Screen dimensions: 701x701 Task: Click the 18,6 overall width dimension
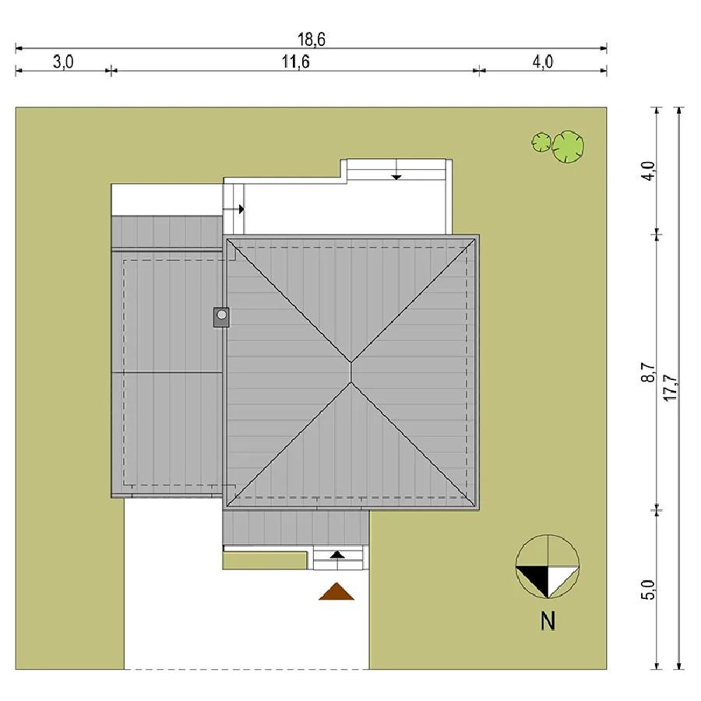(x=312, y=40)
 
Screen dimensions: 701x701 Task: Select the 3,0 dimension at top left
(x=63, y=62)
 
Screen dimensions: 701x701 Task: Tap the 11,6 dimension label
(x=295, y=62)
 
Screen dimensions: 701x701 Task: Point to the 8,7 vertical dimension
(x=648, y=372)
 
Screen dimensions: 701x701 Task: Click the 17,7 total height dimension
(x=671, y=387)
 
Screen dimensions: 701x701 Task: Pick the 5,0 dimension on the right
(x=649, y=590)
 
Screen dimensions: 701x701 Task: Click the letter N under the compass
(x=548, y=621)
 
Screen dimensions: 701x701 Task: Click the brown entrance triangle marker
(x=336, y=592)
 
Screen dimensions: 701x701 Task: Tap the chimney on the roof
(x=221, y=317)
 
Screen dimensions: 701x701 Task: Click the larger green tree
(x=568, y=146)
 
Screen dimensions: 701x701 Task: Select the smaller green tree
(x=541, y=143)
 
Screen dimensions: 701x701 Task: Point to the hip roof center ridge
(x=351, y=372)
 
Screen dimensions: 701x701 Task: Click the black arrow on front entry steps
(x=337, y=555)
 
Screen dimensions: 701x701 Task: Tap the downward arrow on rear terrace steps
(x=396, y=176)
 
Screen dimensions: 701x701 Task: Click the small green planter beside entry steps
(x=264, y=561)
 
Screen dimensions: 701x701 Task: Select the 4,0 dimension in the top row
(x=543, y=62)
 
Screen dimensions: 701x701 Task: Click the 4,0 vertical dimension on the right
(x=648, y=171)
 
